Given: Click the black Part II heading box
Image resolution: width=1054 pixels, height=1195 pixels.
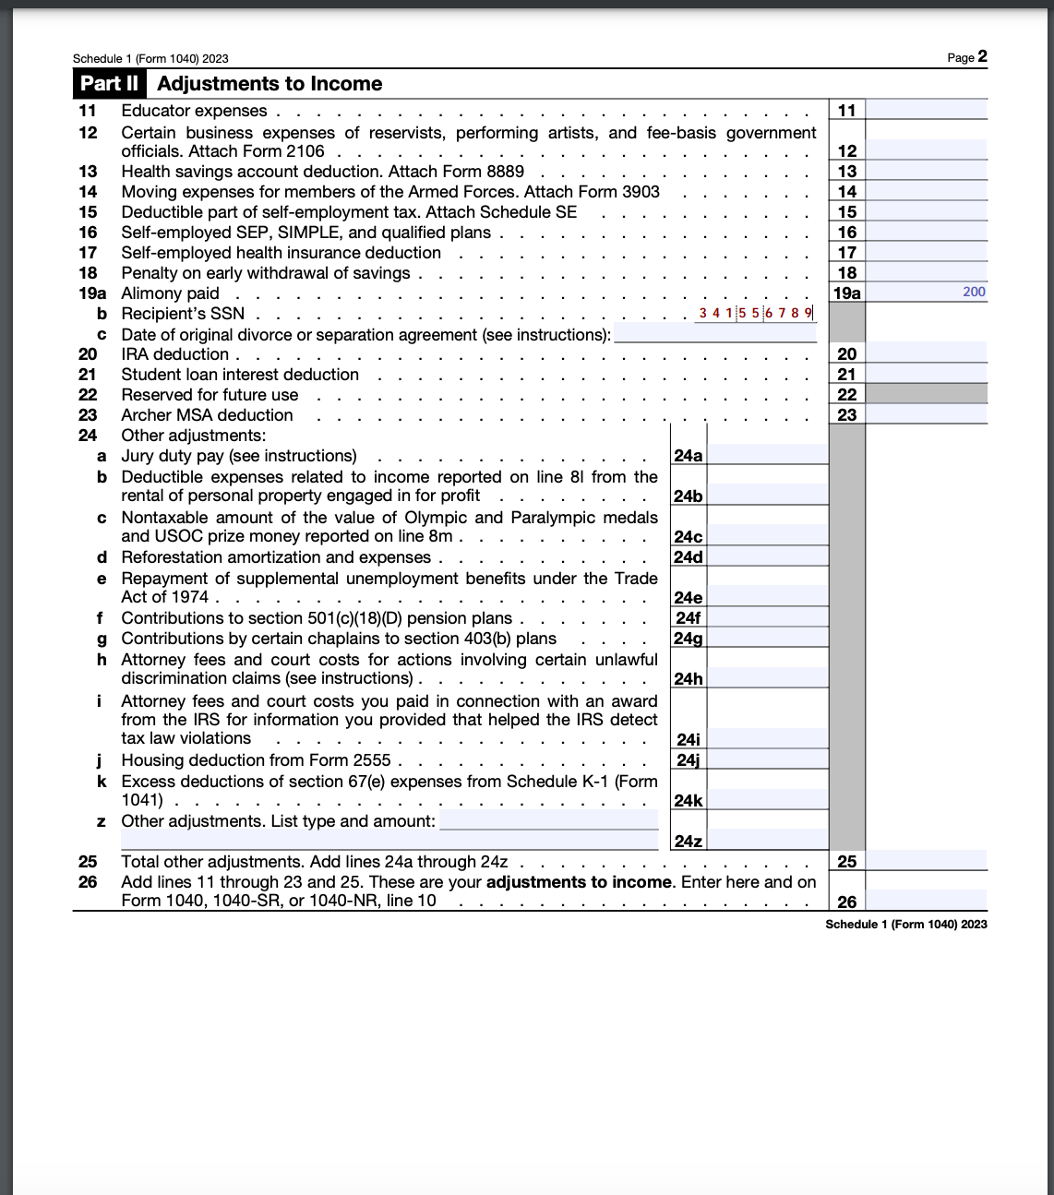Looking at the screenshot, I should pyautogui.click(x=110, y=84).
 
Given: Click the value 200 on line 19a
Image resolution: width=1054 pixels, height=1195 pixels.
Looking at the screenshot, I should pyautogui.click(x=973, y=292).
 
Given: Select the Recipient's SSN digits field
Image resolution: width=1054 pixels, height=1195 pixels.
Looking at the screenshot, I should pyautogui.click(x=756, y=313).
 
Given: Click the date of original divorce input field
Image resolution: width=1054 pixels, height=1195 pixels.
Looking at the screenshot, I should pyautogui.click(x=714, y=334).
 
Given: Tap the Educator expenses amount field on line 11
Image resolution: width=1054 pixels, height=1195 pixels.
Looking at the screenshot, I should pyautogui.click(x=927, y=111).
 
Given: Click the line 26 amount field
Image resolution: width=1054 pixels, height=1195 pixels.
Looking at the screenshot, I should pyautogui.click(x=927, y=901).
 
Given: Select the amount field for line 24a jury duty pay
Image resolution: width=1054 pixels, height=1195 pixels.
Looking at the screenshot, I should pyautogui.click(x=768, y=455).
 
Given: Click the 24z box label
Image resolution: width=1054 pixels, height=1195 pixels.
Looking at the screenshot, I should pyautogui.click(x=688, y=841).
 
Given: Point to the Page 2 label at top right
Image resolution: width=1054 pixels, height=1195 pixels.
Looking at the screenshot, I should pyautogui.click(x=966, y=57).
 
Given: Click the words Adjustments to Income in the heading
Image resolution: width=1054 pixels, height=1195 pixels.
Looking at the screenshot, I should pyautogui.click(x=269, y=84).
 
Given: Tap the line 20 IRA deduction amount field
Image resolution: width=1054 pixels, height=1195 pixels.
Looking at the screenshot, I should pyautogui.click(x=927, y=353).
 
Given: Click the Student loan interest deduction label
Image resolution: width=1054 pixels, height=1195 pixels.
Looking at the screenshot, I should pyautogui.click(x=240, y=375).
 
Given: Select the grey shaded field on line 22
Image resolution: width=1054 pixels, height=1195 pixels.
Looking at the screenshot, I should pyautogui.click(x=927, y=394).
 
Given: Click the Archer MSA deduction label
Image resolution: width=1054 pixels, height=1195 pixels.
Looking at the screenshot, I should pyautogui.click(x=207, y=415).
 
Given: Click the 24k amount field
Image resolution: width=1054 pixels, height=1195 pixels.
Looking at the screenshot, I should pyautogui.click(x=768, y=800).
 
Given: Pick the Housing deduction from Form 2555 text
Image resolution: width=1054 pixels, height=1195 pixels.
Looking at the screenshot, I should pyautogui.click(x=256, y=760).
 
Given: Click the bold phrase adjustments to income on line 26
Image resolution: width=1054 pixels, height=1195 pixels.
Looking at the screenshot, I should pyautogui.click(x=579, y=882).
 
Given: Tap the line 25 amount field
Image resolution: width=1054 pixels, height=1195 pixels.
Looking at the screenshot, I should pyautogui.click(x=927, y=861).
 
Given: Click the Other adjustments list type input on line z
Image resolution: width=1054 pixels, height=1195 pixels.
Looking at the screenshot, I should pyautogui.click(x=548, y=821).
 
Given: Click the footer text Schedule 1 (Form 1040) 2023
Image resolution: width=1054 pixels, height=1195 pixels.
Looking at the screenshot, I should pyautogui.click(x=905, y=925).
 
